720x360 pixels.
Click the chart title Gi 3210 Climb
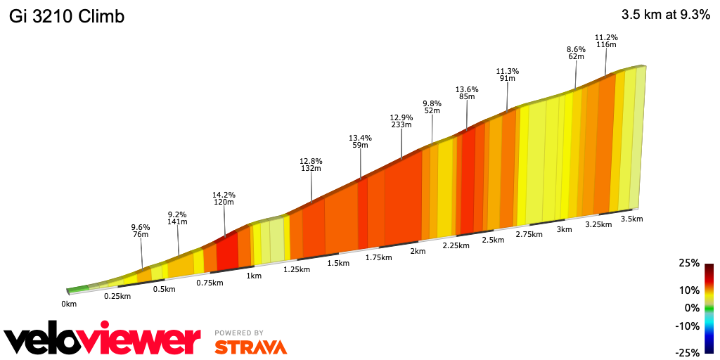pyautogui.click(x=67, y=17)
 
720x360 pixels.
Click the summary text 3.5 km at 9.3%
pyautogui.click(x=665, y=15)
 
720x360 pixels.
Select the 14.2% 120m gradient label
pyautogui.click(x=224, y=198)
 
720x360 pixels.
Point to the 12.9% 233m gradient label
pyautogui.click(x=401, y=121)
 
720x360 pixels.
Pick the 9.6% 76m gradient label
pyautogui.click(x=141, y=231)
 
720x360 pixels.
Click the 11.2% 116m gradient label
pyautogui.click(x=606, y=41)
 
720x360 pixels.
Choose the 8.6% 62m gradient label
pyautogui.click(x=577, y=53)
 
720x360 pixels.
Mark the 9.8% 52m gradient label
pyautogui.click(x=432, y=107)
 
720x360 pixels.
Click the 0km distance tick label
pyautogui.click(x=69, y=304)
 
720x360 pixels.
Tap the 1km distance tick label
pyautogui.click(x=254, y=276)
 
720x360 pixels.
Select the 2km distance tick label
pyautogui.click(x=418, y=251)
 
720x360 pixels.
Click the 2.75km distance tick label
pyautogui.click(x=529, y=234)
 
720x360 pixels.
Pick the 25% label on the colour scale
pyautogui.click(x=690, y=263)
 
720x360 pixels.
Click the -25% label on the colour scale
pyautogui.click(x=688, y=352)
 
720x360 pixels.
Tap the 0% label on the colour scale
pyautogui.click(x=692, y=308)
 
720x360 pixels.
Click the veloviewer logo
pyautogui.click(x=103, y=340)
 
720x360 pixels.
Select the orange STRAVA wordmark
pyautogui.click(x=250, y=347)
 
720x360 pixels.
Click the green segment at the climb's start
pyautogui.click(x=79, y=288)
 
